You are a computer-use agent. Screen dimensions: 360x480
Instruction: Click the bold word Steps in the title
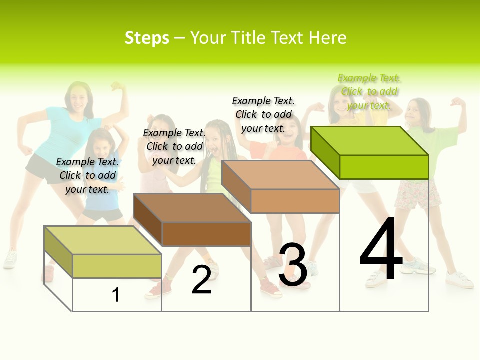[147, 38]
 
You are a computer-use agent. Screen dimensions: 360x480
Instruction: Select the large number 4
[381, 250]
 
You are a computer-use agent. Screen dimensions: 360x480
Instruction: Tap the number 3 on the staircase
[293, 265]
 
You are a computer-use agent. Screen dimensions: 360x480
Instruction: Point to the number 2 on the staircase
[201, 280]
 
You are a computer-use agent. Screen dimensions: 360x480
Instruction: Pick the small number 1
[115, 295]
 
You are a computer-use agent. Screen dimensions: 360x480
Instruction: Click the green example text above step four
[369, 92]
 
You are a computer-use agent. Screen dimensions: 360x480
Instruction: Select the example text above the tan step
[263, 114]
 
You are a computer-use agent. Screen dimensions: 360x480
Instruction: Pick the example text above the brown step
[174, 146]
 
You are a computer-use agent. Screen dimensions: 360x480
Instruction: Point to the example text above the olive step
[87, 175]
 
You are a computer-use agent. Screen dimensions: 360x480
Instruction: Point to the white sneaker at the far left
[10, 260]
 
